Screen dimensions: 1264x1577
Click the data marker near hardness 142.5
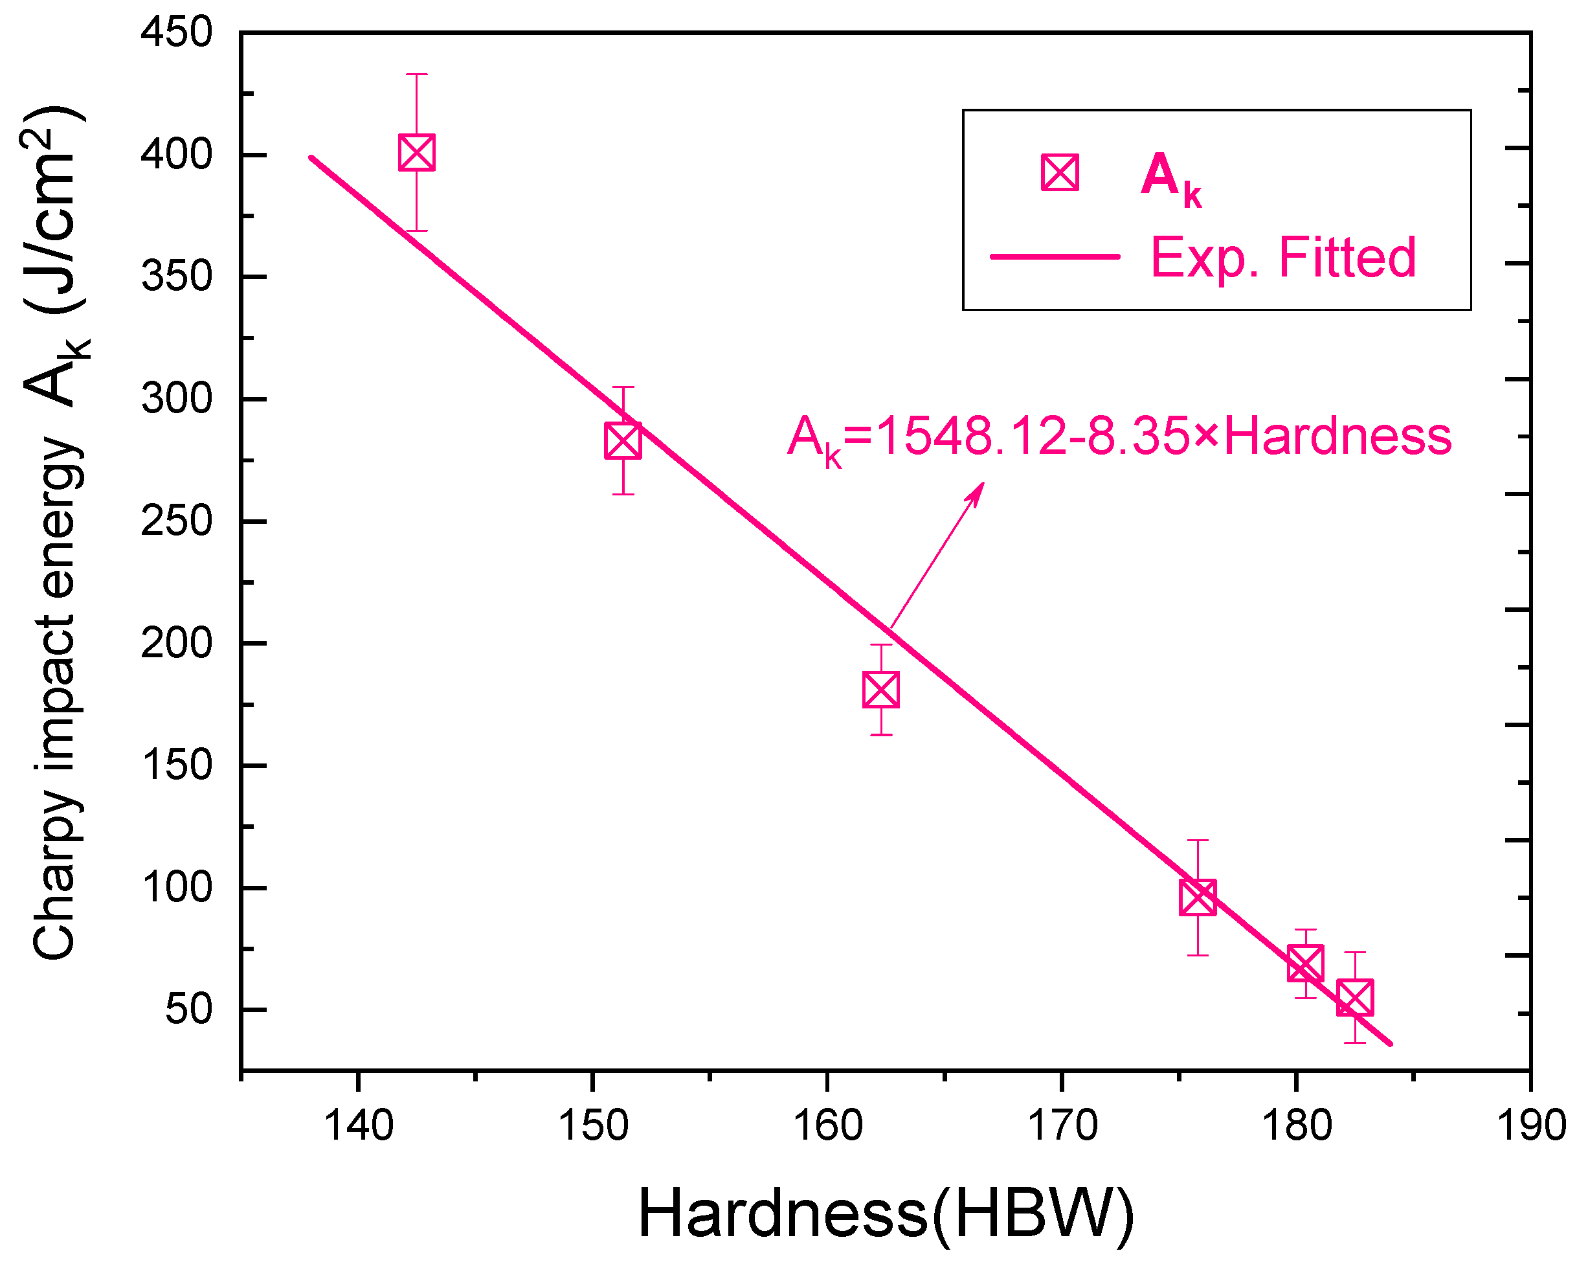417,152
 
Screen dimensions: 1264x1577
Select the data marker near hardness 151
623,440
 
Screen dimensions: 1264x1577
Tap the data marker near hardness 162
880,689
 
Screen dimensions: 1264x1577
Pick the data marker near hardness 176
1198,897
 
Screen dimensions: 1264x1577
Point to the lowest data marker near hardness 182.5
1356,998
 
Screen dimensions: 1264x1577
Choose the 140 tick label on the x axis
359,1125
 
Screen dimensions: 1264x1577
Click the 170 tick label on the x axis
1062,1125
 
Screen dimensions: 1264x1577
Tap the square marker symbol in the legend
1060,173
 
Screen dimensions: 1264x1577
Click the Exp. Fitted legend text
1284,258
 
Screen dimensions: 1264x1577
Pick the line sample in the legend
1055,256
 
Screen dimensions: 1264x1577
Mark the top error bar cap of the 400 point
417,74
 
